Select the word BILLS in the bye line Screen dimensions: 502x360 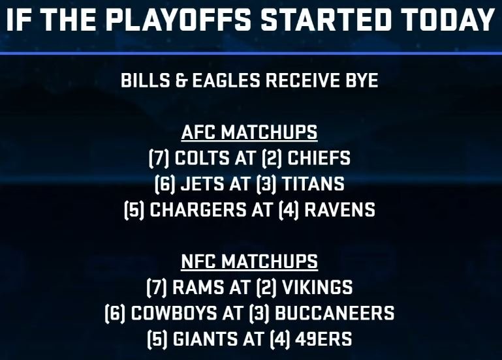point(146,80)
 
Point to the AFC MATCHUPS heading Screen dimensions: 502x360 point(249,132)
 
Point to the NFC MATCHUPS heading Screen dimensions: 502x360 point(249,262)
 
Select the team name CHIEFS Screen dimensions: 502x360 point(319,158)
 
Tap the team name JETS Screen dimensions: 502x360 point(202,184)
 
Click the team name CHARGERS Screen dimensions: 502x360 point(198,210)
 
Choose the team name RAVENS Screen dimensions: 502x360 point(339,210)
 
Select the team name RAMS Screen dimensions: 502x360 point(198,287)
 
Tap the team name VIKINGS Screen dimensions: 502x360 point(317,287)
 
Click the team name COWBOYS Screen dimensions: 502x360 point(174,313)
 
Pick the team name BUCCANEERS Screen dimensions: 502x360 point(335,313)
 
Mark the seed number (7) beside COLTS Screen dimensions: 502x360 point(159,158)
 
